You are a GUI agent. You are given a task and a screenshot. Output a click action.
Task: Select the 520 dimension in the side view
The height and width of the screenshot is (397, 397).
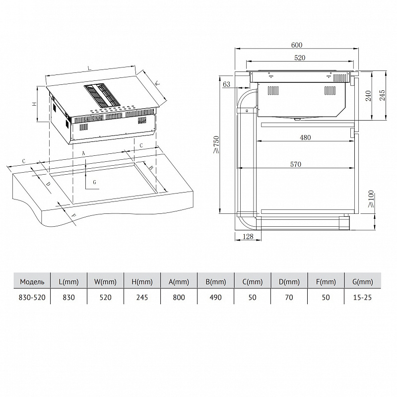[299, 58]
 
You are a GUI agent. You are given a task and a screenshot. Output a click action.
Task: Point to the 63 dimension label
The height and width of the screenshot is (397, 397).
[227, 84]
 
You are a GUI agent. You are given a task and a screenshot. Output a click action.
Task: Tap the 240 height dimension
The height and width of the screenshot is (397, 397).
[368, 96]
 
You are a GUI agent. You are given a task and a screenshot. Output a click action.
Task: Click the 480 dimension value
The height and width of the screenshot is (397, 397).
[305, 137]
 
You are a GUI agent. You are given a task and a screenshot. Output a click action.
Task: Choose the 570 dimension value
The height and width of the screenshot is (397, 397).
[296, 164]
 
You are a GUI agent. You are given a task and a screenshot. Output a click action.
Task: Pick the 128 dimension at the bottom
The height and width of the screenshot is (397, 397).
[248, 237]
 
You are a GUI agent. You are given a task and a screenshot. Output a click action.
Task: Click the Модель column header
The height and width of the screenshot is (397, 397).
[32, 282]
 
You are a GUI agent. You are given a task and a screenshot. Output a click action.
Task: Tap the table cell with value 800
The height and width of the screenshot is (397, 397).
[179, 297]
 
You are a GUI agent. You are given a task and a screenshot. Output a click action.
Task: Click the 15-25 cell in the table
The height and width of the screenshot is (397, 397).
[362, 297]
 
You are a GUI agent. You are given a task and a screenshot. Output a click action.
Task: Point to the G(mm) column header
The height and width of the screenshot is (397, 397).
[362, 282]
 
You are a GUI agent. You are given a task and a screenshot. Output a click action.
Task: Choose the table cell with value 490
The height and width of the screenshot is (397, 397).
[216, 297]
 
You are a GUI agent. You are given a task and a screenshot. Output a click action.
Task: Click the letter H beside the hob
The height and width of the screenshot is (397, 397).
[34, 105]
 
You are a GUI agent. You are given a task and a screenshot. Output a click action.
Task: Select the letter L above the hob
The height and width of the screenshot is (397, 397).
[89, 67]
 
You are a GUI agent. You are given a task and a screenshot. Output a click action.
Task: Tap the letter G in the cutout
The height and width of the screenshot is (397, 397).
[94, 182]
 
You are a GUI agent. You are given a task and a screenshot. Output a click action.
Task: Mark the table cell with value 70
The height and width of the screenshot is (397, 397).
[289, 297]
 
